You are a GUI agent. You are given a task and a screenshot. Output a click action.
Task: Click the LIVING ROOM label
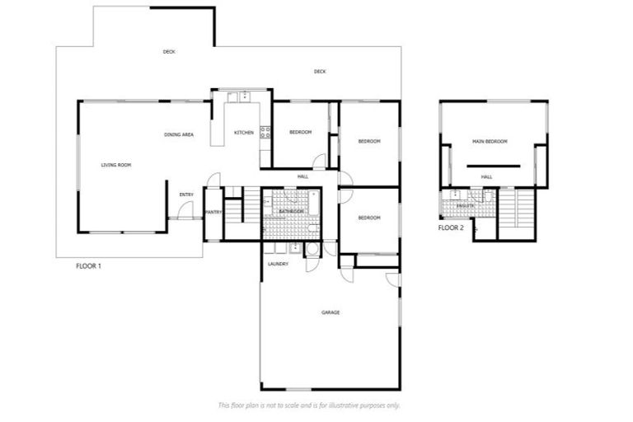[x=116, y=165]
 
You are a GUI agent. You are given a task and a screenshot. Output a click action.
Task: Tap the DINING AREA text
[x=179, y=134]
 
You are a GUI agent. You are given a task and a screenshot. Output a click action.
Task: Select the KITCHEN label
[x=244, y=133]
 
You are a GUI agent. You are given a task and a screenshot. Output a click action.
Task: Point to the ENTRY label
[x=186, y=195]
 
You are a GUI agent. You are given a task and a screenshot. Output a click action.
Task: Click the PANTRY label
[x=213, y=212]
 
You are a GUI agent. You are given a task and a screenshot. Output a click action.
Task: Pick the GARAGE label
[x=331, y=312]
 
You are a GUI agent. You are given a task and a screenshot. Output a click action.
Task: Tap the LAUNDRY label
[x=278, y=264]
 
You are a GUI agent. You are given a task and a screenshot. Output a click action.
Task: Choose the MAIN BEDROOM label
[x=490, y=142]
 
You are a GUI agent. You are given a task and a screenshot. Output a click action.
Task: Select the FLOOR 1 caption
[x=88, y=266]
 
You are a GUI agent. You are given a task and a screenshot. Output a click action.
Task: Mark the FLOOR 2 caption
[x=451, y=227]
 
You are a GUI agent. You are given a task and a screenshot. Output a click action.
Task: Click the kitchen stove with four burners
[x=265, y=131]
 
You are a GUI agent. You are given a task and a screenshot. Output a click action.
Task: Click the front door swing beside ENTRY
[x=185, y=210]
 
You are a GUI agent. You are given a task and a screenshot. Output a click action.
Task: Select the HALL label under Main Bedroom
[x=486, y=176]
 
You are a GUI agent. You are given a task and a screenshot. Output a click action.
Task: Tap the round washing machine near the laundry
[x=312, y=249]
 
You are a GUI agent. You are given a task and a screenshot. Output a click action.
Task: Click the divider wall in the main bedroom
[x=493, y=166]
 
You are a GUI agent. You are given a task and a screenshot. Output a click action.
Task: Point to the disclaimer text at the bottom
[x=309, y=405]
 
